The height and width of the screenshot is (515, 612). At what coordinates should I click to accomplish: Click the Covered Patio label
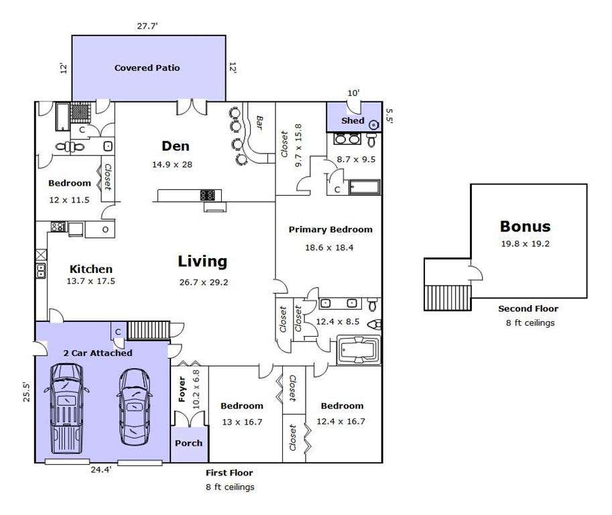tap(147, 68)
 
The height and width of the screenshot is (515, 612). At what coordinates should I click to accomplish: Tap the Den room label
tap(176, 146)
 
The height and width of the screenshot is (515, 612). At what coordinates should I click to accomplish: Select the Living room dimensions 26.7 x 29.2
tap(204, 282)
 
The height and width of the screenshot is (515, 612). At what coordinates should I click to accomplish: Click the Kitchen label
tap(91, 269)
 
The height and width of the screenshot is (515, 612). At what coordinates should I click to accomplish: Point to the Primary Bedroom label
tap(330, 229)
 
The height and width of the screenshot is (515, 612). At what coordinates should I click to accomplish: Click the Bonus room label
tap(526, 227)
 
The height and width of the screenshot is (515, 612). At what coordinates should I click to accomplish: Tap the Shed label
tap(353, 121)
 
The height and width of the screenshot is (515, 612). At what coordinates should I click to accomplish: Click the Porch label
tap(188, 443)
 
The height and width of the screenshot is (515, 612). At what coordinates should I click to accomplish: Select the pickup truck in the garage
tap(66, 409)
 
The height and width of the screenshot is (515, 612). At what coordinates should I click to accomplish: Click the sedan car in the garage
tap(135, 407)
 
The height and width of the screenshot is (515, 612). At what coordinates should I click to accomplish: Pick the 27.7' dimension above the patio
tap(147, 26)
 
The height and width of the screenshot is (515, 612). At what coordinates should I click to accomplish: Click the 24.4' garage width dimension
tap(101, 469)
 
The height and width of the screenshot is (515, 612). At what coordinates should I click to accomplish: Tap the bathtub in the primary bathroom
tap(359, 349)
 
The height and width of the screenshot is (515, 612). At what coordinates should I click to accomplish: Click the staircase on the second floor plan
tap(448, 298)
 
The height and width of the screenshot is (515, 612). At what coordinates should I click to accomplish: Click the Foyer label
tap(182, 389)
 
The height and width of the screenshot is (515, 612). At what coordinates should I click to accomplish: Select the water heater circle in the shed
tap(374, 125)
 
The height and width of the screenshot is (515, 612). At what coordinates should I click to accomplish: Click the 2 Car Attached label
tap(98, 353)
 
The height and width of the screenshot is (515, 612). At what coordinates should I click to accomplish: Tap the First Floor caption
tap(229, 473)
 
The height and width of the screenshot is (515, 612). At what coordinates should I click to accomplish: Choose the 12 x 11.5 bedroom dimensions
tap(70, 200)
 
